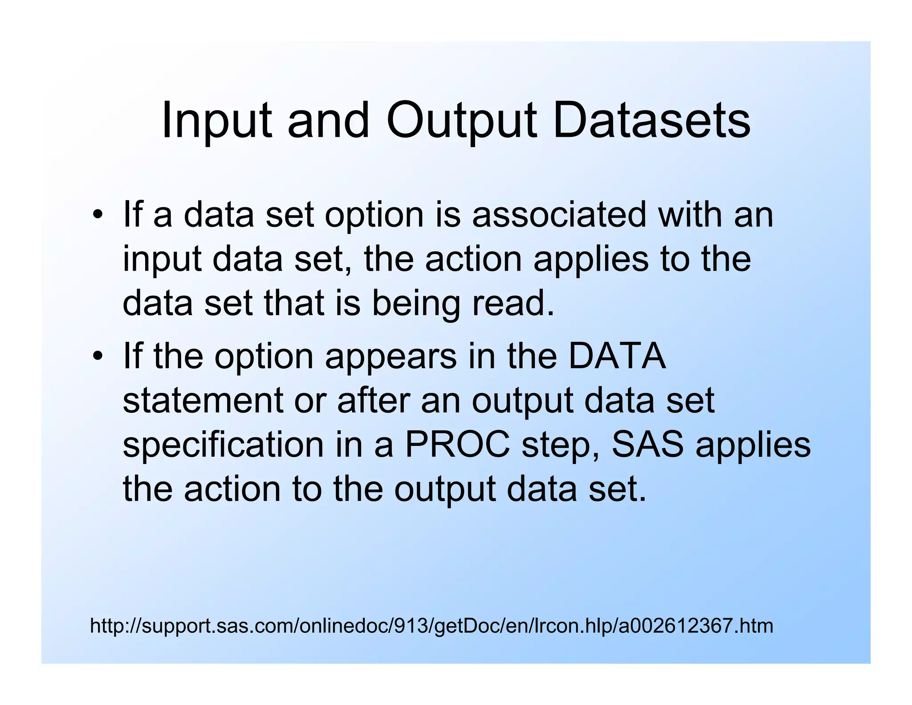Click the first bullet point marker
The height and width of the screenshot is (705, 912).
[97, 216]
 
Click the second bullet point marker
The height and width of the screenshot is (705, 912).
[97, 357]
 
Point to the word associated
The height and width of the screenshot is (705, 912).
[558, 215]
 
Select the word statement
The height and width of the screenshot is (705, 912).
[203, 400]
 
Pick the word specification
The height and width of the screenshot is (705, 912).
[223, 445]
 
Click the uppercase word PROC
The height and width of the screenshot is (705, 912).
[457, 445]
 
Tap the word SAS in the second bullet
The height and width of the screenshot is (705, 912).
[647, 445]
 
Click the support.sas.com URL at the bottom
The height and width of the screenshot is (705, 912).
[431, 626]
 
